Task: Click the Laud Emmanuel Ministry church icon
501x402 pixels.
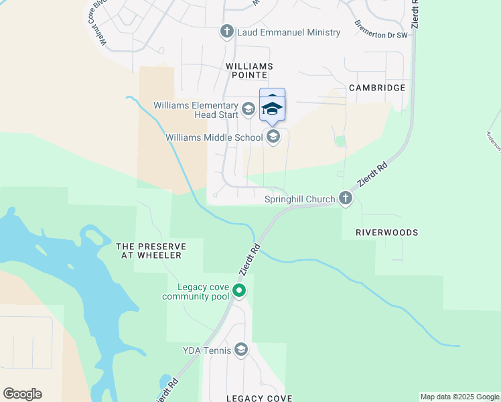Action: tap(226, 31)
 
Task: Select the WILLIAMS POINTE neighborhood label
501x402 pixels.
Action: tap(250, 71)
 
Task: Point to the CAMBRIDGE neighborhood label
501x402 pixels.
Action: tap(377, 88)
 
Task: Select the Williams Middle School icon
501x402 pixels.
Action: tap(273, 137)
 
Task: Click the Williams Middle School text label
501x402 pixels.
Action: tap(214, 138)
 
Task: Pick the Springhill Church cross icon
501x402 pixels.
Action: tap(345, 198)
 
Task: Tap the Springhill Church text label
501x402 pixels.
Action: tap(299, 199)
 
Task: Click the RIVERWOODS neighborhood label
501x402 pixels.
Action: tap(387, 232)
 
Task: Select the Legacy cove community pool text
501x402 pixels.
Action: tap(196, 291)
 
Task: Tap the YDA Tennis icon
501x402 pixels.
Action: tap(241, 350)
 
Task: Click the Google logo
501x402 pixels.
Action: tap(22, 394)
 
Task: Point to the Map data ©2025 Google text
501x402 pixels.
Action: tap(459, 397)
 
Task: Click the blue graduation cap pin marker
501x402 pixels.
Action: tap(272, 109)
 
